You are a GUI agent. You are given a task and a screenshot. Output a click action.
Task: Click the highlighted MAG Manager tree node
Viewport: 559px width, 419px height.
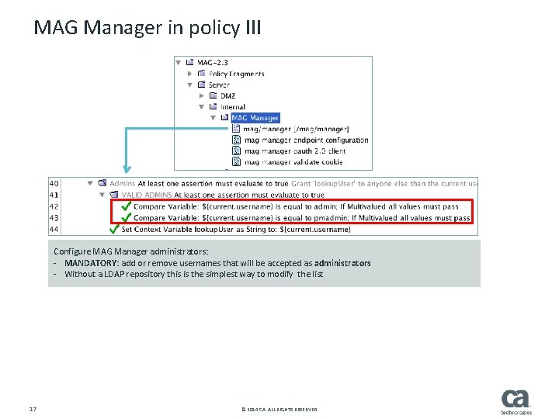255,118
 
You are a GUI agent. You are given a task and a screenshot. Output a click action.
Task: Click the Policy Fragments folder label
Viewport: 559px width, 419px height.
236,74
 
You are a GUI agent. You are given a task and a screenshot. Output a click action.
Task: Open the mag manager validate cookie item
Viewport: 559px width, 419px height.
293,162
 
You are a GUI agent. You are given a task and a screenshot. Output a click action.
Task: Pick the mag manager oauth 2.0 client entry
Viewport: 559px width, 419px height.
294,151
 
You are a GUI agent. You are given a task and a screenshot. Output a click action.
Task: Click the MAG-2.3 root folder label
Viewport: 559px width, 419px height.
214,62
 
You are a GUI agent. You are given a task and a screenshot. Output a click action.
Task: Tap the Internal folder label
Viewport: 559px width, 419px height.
232,107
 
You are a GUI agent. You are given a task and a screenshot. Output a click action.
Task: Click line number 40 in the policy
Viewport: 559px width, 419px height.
54,184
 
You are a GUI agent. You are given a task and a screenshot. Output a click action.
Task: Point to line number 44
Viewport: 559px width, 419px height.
54,230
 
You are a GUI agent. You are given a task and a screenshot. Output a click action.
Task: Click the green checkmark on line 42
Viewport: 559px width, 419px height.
126,207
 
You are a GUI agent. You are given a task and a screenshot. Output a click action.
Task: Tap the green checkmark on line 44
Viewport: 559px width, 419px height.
114,230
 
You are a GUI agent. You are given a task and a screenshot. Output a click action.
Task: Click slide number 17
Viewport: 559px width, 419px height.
33,409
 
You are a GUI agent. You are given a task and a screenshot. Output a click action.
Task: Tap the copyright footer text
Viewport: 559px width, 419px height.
279,410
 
